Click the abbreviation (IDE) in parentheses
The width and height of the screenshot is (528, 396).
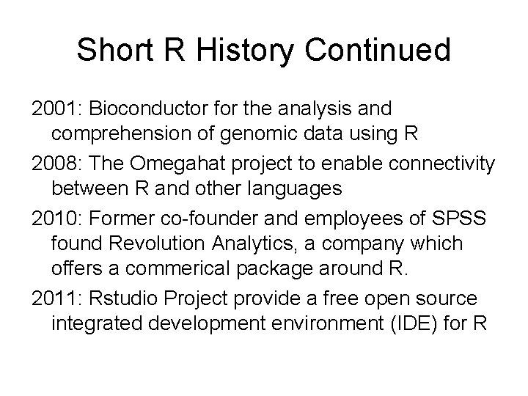click(x=419, y=323)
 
